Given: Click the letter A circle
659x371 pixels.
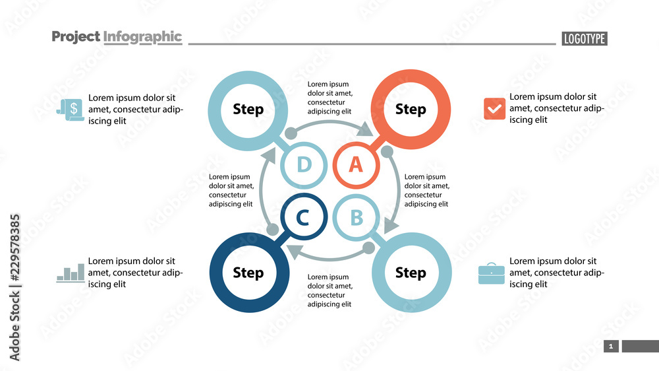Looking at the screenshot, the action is coord(356,164).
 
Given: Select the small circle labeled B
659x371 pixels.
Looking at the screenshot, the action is coord(356,217).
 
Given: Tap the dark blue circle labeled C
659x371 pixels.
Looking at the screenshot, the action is coord(303,217).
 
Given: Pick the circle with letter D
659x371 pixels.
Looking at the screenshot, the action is coord(303,164).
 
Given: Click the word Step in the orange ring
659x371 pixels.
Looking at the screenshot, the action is coord(411,109).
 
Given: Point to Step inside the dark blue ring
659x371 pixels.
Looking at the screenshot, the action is coord(248,272).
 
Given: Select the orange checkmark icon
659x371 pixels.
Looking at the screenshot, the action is coord(494,109).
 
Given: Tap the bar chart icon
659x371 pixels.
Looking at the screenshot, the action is coord(71,273).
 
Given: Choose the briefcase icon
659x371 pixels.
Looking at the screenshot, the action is coord(492,273).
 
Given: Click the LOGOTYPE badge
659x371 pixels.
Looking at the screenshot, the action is coord(585,39).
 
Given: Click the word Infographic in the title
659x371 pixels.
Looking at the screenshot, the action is coord(142,37).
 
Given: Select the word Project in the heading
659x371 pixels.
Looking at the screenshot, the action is coord(76,37).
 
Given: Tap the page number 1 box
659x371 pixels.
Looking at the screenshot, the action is coord(611,347).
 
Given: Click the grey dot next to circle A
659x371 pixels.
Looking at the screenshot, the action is coord(387,152).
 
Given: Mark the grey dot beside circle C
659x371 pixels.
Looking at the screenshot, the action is coord(272,229).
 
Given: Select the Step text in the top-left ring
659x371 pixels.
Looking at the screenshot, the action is coord(248,109).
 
